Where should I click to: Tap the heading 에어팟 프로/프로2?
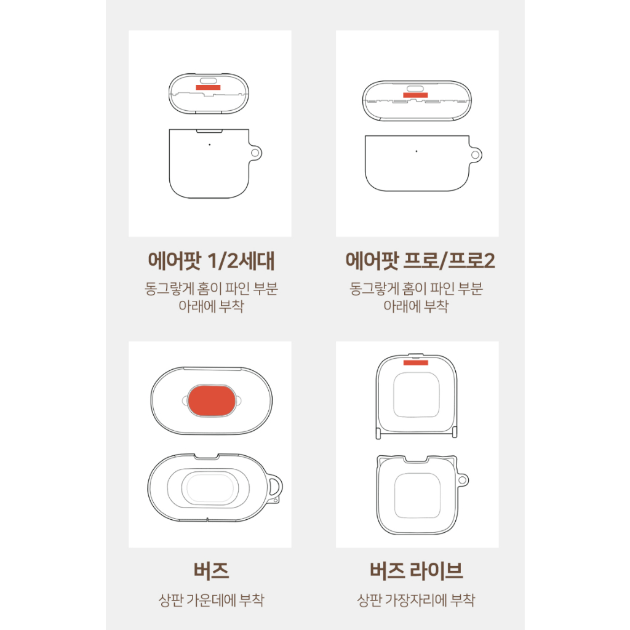(420, 261)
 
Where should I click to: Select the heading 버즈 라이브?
(417, 570)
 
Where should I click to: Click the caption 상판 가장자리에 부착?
(417, 600)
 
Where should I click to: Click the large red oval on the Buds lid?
(211, 401)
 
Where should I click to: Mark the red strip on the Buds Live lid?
(416, 363)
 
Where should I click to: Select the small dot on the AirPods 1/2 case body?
(209, 145)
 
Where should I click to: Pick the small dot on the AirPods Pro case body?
(417, 151)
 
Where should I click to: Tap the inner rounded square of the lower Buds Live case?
(417, 495)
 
